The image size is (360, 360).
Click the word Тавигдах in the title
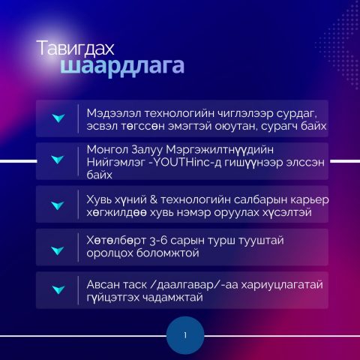coord(75,48)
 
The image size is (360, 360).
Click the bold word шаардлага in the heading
coord(122,67)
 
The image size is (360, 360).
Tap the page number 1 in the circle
coord(185,335)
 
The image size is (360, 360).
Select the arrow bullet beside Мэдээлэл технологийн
coord(58,118)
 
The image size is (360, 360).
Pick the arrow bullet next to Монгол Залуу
coord(58,160)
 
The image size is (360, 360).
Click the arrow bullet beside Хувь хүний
coord(58,205)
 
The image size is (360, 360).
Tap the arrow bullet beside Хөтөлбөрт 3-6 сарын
coord(58,250)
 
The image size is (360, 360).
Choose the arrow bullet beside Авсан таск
coord(58,289)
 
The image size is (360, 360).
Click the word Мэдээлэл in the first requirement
coord(114,113)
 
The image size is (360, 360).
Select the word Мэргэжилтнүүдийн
coord(220,150)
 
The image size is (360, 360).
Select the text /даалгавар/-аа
coord(194,285)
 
